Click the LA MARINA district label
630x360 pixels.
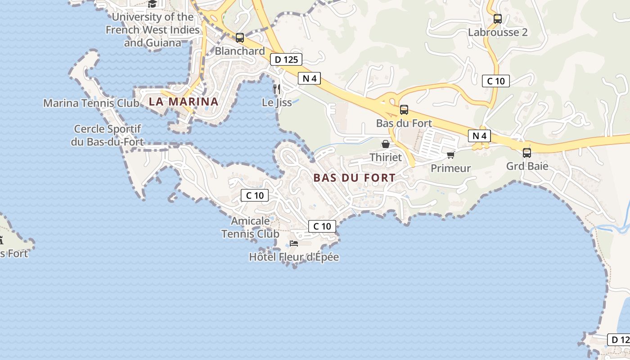(184, 102)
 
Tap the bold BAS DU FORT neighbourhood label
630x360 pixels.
(354, 178)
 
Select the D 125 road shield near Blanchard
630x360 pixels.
(286, 59)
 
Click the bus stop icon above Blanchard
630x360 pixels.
(240, 38)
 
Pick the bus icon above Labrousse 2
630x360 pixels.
(497, 19)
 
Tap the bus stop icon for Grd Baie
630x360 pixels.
(527, 153)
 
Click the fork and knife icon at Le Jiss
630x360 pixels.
(277, 89)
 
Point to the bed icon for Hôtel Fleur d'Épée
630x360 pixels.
(294, 243)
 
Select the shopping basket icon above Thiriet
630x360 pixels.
(386, 144)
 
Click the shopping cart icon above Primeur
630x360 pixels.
(450, 155)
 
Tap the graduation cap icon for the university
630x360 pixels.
(152, 4)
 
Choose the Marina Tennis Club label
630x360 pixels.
(91, 103)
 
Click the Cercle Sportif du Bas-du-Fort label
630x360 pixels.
(108, 135)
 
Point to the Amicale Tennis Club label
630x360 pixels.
(251, 227)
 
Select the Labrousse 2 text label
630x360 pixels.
(498, 32)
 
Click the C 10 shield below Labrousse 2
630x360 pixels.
(496, 81)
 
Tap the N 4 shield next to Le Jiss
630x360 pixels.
(310, 78)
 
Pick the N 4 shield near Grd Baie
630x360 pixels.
(479, 135)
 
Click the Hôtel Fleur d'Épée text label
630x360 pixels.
(294, 257)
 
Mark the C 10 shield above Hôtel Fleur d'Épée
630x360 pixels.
(322, 226)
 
